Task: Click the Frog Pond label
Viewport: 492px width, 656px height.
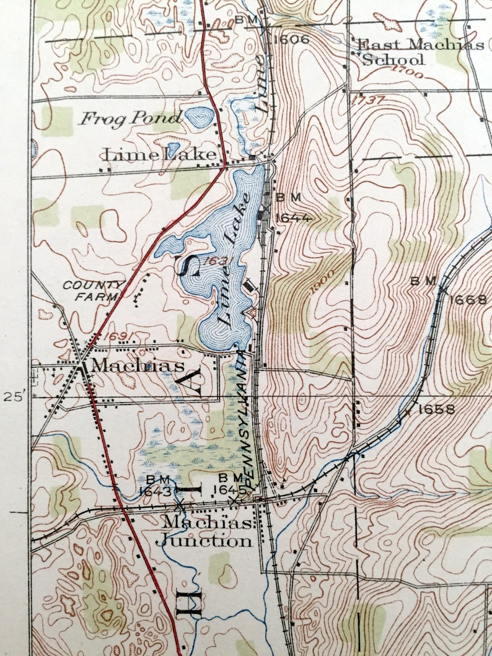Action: pyautogui.click(x=130, y=117)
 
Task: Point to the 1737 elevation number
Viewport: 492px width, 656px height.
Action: pyautogui.click(x=367, y=99)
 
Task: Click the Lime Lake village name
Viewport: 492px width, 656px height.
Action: pyautogui.click(x=160, y=154)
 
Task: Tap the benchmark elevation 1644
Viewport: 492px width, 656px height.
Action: pyautogui.click(x=293, y=217)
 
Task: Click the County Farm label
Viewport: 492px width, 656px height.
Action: pyautogui.click(x=93, y=290)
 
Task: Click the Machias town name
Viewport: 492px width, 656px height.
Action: pyautogui.click(x=137, y=365)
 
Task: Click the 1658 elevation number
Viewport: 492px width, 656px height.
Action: pyautogui.click(x=436, y=409)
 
